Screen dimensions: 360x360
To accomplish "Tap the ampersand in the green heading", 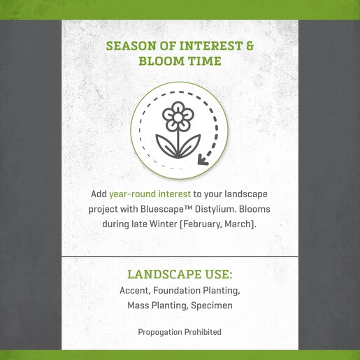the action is point(250,46).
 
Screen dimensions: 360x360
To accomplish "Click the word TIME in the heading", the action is point(205,62).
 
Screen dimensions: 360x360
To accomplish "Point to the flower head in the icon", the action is point(178,115).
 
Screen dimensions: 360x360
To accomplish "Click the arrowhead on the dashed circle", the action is point(202,159).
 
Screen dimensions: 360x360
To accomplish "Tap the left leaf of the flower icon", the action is point(166,145).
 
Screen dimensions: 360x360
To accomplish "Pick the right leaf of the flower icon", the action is point(190,145).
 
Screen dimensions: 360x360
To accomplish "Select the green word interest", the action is point(174,194).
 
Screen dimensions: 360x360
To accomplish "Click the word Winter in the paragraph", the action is point(164,224).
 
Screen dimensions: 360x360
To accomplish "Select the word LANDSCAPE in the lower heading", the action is point(164,274).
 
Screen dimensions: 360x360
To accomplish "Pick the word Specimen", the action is point(212,305).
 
